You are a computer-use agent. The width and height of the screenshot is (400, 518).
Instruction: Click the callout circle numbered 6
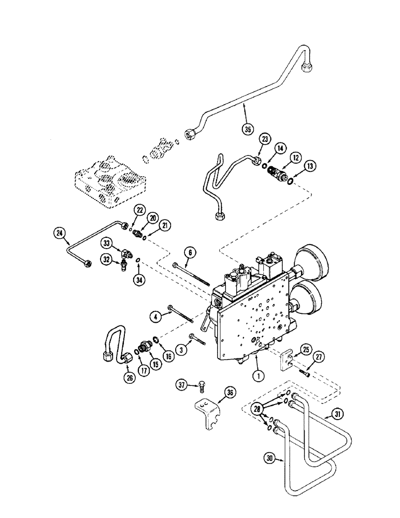[190, 252]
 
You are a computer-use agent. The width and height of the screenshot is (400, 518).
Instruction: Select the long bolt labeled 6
[191, 271]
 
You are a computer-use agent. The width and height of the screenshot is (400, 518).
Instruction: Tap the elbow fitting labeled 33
[126, 253]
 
